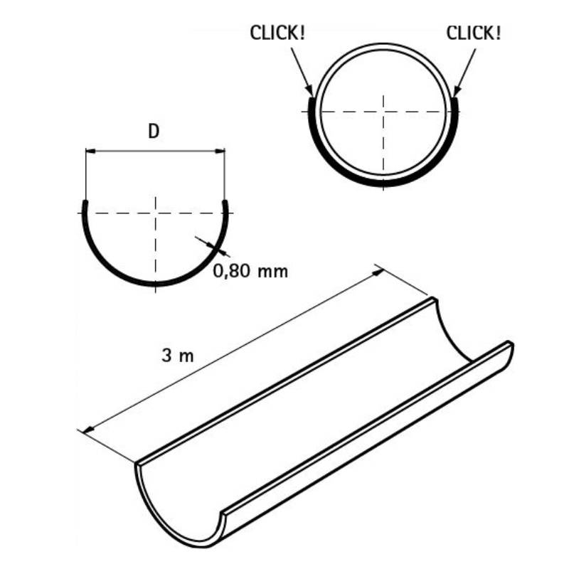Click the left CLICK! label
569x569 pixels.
pyautogui.click(x=277, y=33)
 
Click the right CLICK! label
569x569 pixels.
pyautogui.click(x=474, y=33)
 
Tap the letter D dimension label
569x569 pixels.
pyautogui.click(x=154, y=132)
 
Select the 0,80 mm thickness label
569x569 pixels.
pyautogui.click(x=250, y=271)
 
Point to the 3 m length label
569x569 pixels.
pyautogui.click(x=178, y=355)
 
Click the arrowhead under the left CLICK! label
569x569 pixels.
pyautogui.click(x=309, y=90)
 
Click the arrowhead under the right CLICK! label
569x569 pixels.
pyautogui.click(x=457, y=90)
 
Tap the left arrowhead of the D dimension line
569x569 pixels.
pyautogui.click(x=90, y=151)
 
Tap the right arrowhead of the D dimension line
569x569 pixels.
pyautogui.click(x=220, y=151)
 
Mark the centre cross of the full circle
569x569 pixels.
pyautogui.click(x=383, y=112)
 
